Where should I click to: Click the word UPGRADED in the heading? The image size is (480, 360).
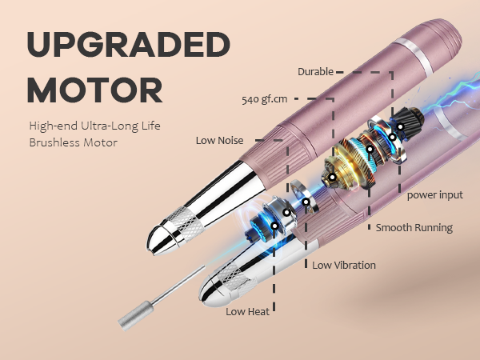click(129, 44)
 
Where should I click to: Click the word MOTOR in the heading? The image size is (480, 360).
click(95, 90)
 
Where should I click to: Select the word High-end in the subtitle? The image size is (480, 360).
click(54, 126)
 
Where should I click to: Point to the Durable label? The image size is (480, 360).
click(316, 72)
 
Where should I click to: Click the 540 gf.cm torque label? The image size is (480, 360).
click(265, 99)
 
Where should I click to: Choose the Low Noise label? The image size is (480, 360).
click(219, 141)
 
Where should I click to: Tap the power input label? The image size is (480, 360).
click(435, 195)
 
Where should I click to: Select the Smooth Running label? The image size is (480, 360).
click(414, 228)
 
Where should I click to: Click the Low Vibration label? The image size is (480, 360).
click(344, 265)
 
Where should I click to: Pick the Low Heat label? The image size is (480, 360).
click(248, 312)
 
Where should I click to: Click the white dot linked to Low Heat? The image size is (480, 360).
click(274, 226)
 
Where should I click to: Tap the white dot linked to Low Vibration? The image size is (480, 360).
click(306, 202)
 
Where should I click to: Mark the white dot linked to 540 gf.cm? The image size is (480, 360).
click(333, 177)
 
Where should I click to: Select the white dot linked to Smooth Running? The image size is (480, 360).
click(370, 150)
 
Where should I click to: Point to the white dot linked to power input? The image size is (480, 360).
click(400, 126)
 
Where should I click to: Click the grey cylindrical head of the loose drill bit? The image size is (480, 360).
click(136, 316)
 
